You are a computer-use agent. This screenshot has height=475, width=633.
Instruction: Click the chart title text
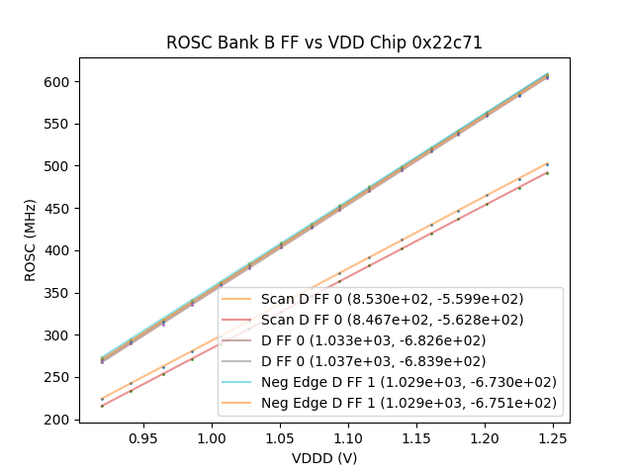tap(323, 43)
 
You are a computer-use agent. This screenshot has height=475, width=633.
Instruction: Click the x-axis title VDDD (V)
tap(323, 458)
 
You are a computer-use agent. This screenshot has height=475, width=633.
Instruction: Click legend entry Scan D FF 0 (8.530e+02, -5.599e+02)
tap(392, 299)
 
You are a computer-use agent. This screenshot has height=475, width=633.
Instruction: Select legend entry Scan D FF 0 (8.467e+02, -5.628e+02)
tap(392, 320)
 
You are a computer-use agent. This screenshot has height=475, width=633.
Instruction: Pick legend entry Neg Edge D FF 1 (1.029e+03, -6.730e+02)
tap(408, 382)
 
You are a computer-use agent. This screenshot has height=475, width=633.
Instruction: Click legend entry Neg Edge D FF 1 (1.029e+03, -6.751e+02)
tap(408, 403)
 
